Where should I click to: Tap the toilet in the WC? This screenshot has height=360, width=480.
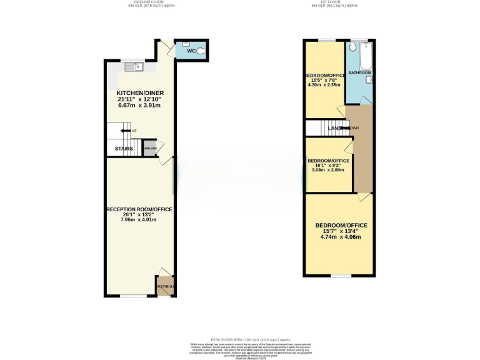pyautogui.click(x=201, y=52)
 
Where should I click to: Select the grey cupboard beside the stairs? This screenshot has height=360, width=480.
pyautogui.click(x=150, y=149)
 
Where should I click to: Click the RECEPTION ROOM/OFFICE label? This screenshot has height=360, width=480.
pyautogui.click(x=139, y=209)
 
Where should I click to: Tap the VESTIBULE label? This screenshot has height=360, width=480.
pyautogui.click(x=165, y=287)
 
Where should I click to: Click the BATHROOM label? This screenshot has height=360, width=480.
pyautogui.click(x=359, y=72)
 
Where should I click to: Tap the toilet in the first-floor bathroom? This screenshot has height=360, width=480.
pyautogui.click(x=352, y=47)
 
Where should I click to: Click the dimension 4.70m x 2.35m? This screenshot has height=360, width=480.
pyautogui.click(x=324, y=85)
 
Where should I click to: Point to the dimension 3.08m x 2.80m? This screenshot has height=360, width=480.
pyautogui.click(x=326, y=170)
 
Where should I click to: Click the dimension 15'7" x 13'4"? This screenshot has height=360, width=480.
pyautogui.click(x=341, y=231)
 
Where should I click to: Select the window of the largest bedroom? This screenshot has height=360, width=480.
pyautogui.click(x=340, y=276)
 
